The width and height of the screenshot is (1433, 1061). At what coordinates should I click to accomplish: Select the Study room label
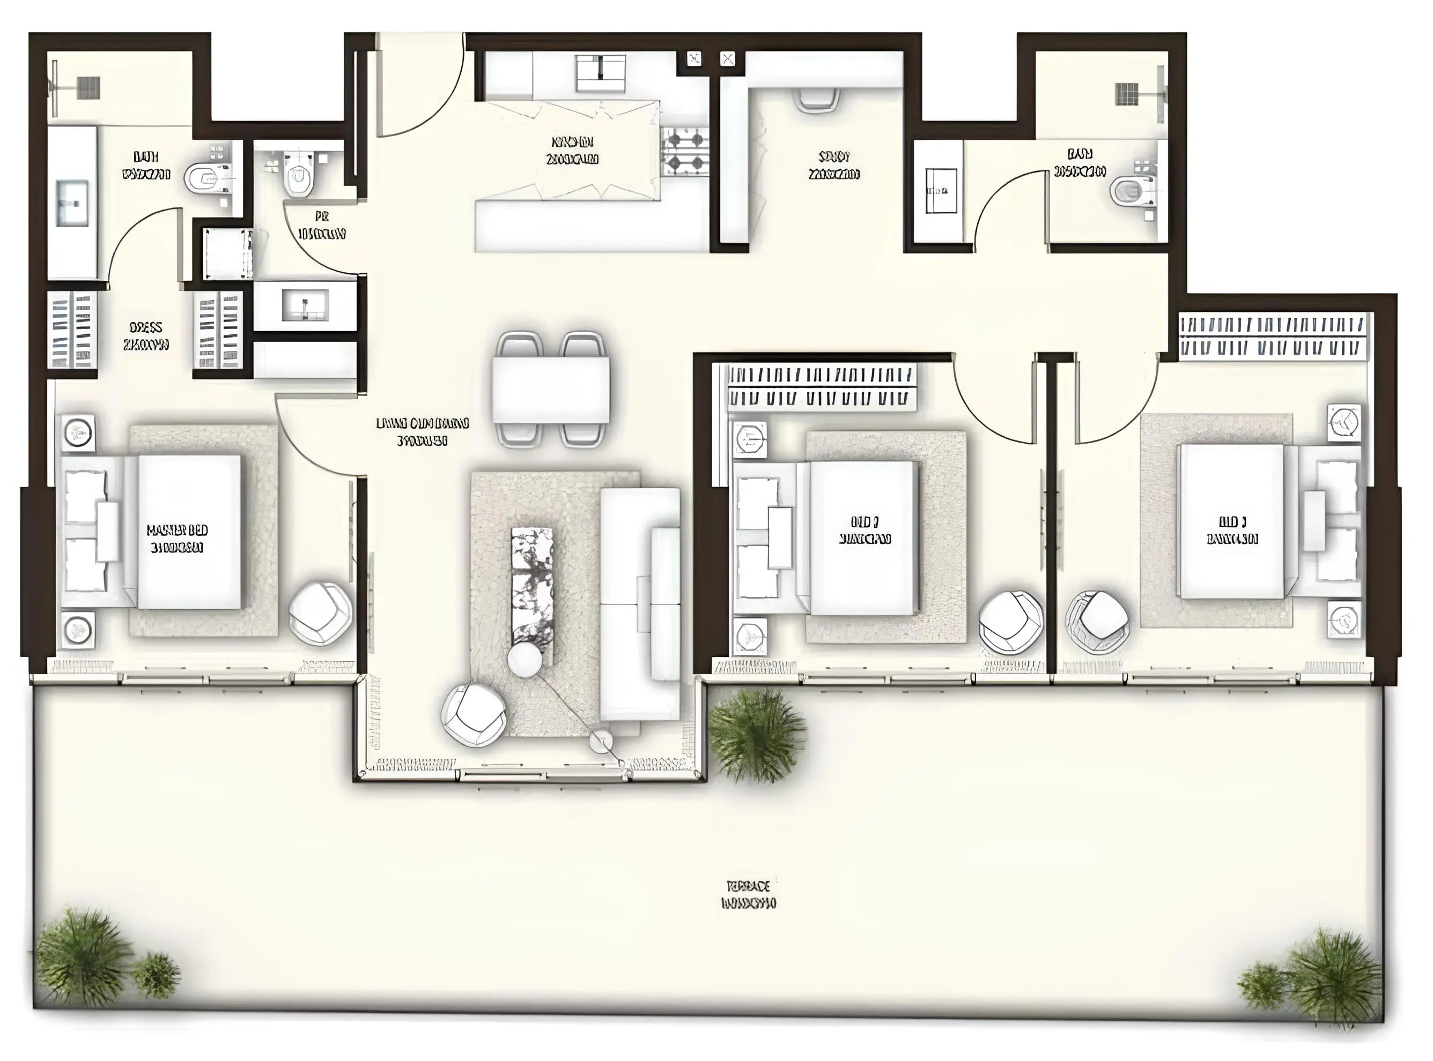tap(834, 165)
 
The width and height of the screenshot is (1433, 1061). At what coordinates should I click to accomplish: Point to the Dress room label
tap(146, 336)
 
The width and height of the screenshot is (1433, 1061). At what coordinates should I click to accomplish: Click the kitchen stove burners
tap(685, 151)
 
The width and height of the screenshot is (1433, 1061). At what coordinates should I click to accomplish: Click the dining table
tap(551, 389)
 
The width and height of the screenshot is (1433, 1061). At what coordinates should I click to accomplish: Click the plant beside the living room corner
tap(757, 736)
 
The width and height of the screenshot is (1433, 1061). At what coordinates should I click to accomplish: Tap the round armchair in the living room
tap(474, 714)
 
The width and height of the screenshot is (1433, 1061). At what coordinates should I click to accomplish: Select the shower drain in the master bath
tap(88, 87)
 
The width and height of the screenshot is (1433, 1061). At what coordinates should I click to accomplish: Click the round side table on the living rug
tap(525, 660)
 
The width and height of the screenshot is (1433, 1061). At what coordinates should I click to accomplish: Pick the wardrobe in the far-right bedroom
tap(1272, 336)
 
